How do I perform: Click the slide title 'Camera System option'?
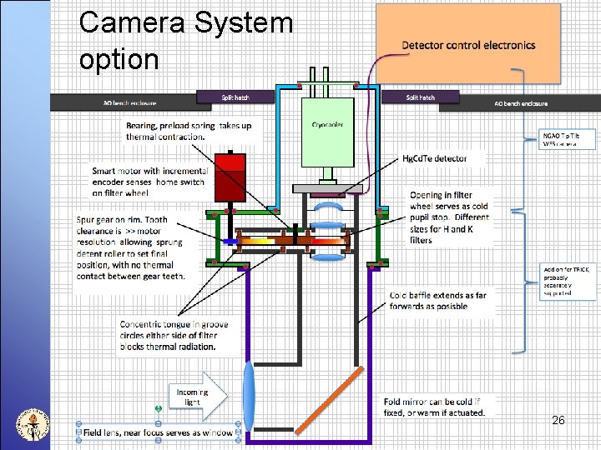tap(185, 40)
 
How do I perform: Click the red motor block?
tap(228, 177)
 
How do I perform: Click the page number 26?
tap(558, 420)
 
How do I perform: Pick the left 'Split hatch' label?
tap(235, 97)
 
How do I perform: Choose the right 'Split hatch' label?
tap(420, 97)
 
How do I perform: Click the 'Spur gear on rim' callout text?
tap(130, 247)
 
